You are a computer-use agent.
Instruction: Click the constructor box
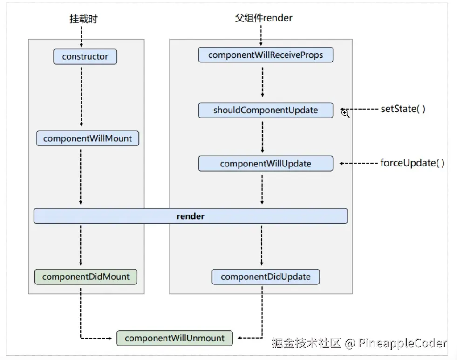[85, 56]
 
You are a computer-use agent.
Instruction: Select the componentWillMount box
[88, 138]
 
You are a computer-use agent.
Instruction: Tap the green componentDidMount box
[86, 277]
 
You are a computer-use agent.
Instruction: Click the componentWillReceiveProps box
[266, 55]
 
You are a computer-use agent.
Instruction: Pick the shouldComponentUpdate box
[266, 110]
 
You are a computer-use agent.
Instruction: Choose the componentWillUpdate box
[266, 163]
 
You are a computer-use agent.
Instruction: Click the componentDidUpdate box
[266, 277]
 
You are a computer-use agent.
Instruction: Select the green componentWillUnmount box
[175, 338]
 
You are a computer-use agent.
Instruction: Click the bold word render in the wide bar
[191, 216]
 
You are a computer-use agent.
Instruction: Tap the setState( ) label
[403, 109]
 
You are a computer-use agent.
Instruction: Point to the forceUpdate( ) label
[412, 163]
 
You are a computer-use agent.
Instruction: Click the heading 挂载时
[84, 19]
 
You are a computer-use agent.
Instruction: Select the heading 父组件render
[264, 18]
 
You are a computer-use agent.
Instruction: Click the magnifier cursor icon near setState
[345, 113]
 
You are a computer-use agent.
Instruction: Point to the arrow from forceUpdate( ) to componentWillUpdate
[359, 163]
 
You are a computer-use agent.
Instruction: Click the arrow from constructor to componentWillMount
[82, 97]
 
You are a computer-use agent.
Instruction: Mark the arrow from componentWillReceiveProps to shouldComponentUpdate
[263, 82]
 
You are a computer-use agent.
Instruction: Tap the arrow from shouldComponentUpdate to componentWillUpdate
[263, 137]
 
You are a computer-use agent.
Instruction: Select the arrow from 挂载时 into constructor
[82, 37]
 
